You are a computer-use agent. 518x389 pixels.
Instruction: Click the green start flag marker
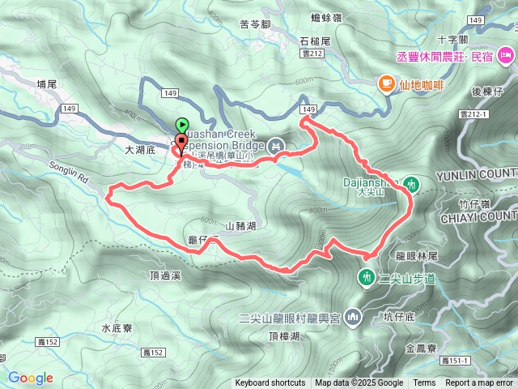183,126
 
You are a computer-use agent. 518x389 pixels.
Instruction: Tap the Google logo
30,378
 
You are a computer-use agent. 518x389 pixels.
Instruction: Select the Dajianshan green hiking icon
412,184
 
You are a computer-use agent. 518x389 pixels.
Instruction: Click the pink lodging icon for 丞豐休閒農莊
507,56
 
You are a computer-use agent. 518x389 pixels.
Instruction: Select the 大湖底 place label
139,150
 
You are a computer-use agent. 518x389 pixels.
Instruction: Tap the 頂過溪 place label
164,276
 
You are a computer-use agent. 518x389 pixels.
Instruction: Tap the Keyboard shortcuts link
270,383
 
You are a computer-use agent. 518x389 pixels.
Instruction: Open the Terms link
424,383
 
